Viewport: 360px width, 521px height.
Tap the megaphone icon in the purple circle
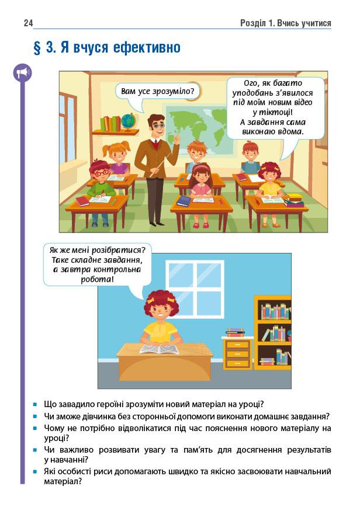[23, 72]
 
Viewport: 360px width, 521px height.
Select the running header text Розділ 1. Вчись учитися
[285, 23]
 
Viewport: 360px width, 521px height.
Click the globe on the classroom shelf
[129, 121]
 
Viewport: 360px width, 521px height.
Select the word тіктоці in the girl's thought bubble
[274, 112]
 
